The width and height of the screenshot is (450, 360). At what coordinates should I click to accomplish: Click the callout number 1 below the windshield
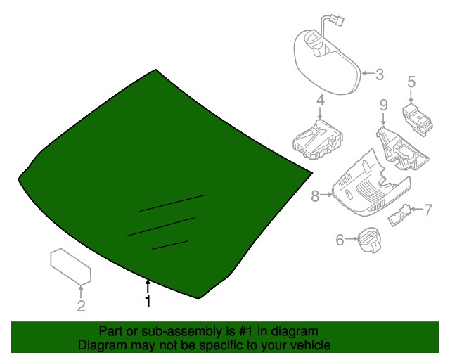click(148, 301)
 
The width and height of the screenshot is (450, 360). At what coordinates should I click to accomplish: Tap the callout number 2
click(82, 307)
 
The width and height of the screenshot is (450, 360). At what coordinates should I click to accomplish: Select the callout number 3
click(380, 75)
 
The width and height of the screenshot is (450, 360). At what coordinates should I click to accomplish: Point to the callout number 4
click(321, 100)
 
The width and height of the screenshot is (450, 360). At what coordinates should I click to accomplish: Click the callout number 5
click(411, 82)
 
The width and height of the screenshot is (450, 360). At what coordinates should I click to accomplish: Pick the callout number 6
click(340, 240)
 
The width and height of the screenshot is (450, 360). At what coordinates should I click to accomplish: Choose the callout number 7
click(428, 210)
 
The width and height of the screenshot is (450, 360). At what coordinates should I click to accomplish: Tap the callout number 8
click(315, 196)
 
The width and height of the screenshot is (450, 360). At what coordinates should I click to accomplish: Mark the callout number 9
click(384, 105)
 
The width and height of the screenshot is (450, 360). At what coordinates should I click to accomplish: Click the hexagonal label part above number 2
click(71, 266)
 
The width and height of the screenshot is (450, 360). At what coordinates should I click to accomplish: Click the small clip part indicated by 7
click(399, 215)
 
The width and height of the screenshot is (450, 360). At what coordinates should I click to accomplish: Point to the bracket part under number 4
click(318, 140)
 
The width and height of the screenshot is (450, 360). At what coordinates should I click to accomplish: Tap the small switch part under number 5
click(418, 118)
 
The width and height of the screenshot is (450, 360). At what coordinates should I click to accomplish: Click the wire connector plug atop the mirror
click(338, 20)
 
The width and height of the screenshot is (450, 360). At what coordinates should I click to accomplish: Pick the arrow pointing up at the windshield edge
click(148, 286)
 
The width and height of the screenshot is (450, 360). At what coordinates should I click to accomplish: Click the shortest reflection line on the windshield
click(170, 245)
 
